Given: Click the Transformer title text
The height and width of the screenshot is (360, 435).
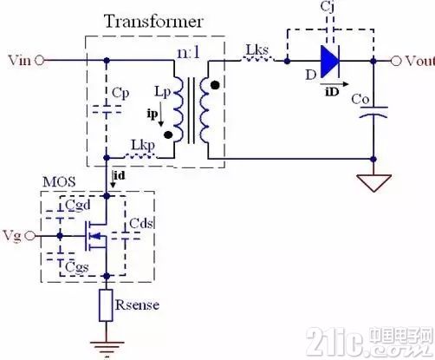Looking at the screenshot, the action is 153,22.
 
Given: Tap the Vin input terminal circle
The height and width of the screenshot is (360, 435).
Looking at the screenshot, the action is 40,61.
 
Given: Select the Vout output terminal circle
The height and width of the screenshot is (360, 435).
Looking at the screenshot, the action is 396,61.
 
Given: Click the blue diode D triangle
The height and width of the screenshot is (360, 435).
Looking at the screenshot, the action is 330,62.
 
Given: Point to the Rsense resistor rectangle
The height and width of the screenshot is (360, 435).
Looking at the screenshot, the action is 106,305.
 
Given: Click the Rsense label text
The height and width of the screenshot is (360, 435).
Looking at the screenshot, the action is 137,305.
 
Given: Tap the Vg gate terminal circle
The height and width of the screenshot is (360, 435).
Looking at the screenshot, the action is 29,236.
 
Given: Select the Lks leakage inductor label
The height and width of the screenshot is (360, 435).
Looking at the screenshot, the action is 257,50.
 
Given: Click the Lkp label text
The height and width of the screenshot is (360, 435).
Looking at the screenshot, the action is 143,146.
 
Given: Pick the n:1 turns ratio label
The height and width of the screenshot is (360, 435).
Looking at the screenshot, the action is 188,53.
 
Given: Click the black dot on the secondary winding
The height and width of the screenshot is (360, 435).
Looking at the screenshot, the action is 215,85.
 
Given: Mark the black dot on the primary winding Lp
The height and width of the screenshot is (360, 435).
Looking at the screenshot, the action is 168,135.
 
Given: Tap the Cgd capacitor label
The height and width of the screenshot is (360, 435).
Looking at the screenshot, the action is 78,206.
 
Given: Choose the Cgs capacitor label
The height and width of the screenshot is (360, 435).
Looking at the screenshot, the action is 77,266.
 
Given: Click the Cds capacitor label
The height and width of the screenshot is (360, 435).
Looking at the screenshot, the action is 141,223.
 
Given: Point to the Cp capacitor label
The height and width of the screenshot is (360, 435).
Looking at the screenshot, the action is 120,93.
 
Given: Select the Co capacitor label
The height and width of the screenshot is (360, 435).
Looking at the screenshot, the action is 360,100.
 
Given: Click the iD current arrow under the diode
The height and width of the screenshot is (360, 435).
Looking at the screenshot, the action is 334,84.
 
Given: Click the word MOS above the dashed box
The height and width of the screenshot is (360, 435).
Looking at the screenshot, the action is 59,182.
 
